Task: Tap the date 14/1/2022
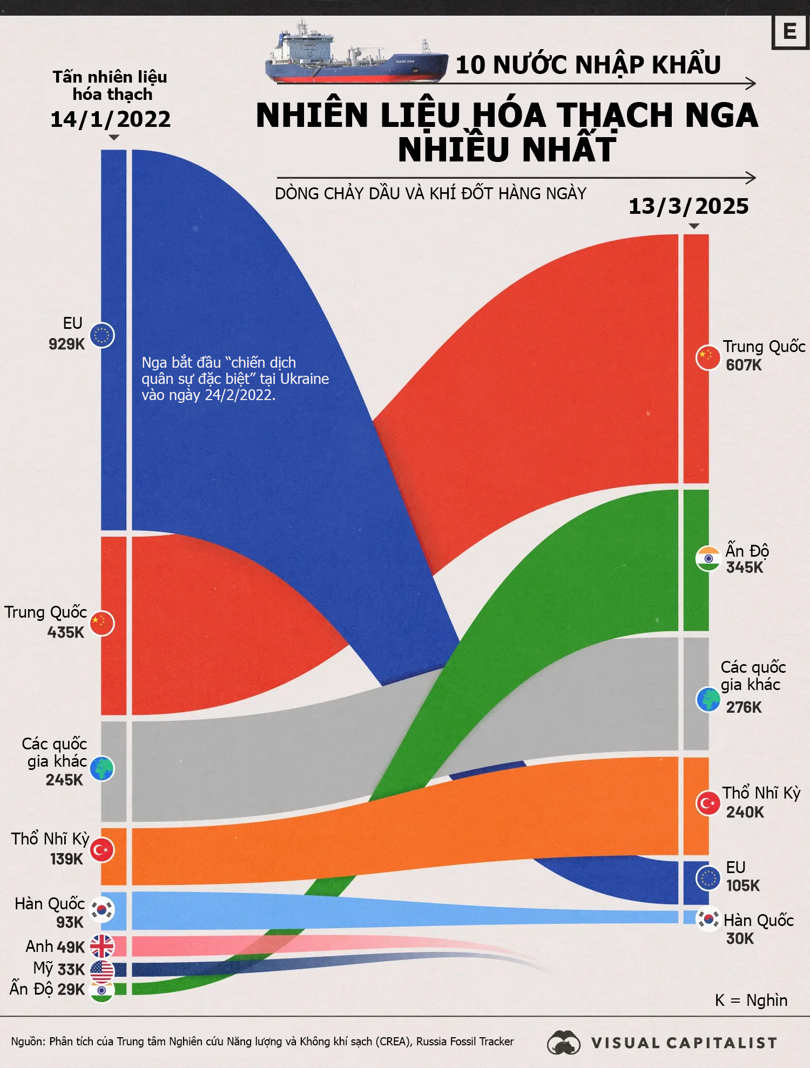click(x=110, y=119)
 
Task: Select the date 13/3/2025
click(x=688, y=206)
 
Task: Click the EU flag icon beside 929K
click(x=102, y=335)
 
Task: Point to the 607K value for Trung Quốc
click(x=744, y=366)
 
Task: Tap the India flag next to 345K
click(x=708, y=559)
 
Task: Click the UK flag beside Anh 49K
click(x=102, y=947)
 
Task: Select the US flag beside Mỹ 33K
click(x=102, y=970)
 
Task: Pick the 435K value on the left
click(x=65, y=632)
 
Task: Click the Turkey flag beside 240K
click(x=708, y=803)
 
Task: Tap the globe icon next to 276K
click(x=708, y=700)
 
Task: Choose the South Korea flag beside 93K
click(x=102, y=910)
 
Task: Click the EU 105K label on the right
click(x=742, y=877)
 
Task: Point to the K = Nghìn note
click(x=751, y=1001)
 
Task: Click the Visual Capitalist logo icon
click(x=563, y=1043)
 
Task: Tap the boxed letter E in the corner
click(x=789, y=32)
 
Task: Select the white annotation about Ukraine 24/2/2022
click(x=235, y=379)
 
